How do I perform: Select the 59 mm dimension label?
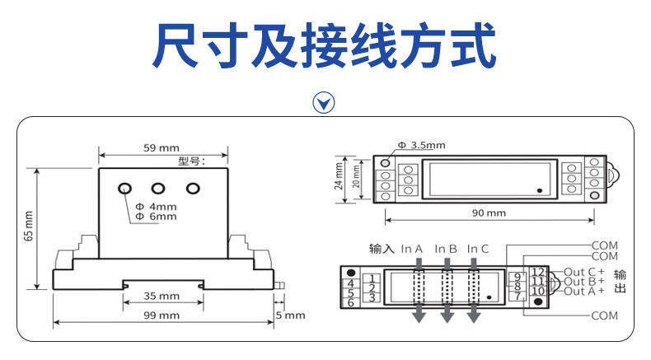coord(161,148)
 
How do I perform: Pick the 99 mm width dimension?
coord(162,316)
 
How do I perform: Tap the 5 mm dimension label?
coord(290,316)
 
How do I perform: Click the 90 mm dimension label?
coord(489,213)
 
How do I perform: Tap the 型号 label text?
coord(190,161)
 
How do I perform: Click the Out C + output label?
coord(583,272)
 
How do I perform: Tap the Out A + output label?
coord(583,291)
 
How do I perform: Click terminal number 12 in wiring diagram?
coord(537,271)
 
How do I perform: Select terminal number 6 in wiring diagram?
coord(350,302)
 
